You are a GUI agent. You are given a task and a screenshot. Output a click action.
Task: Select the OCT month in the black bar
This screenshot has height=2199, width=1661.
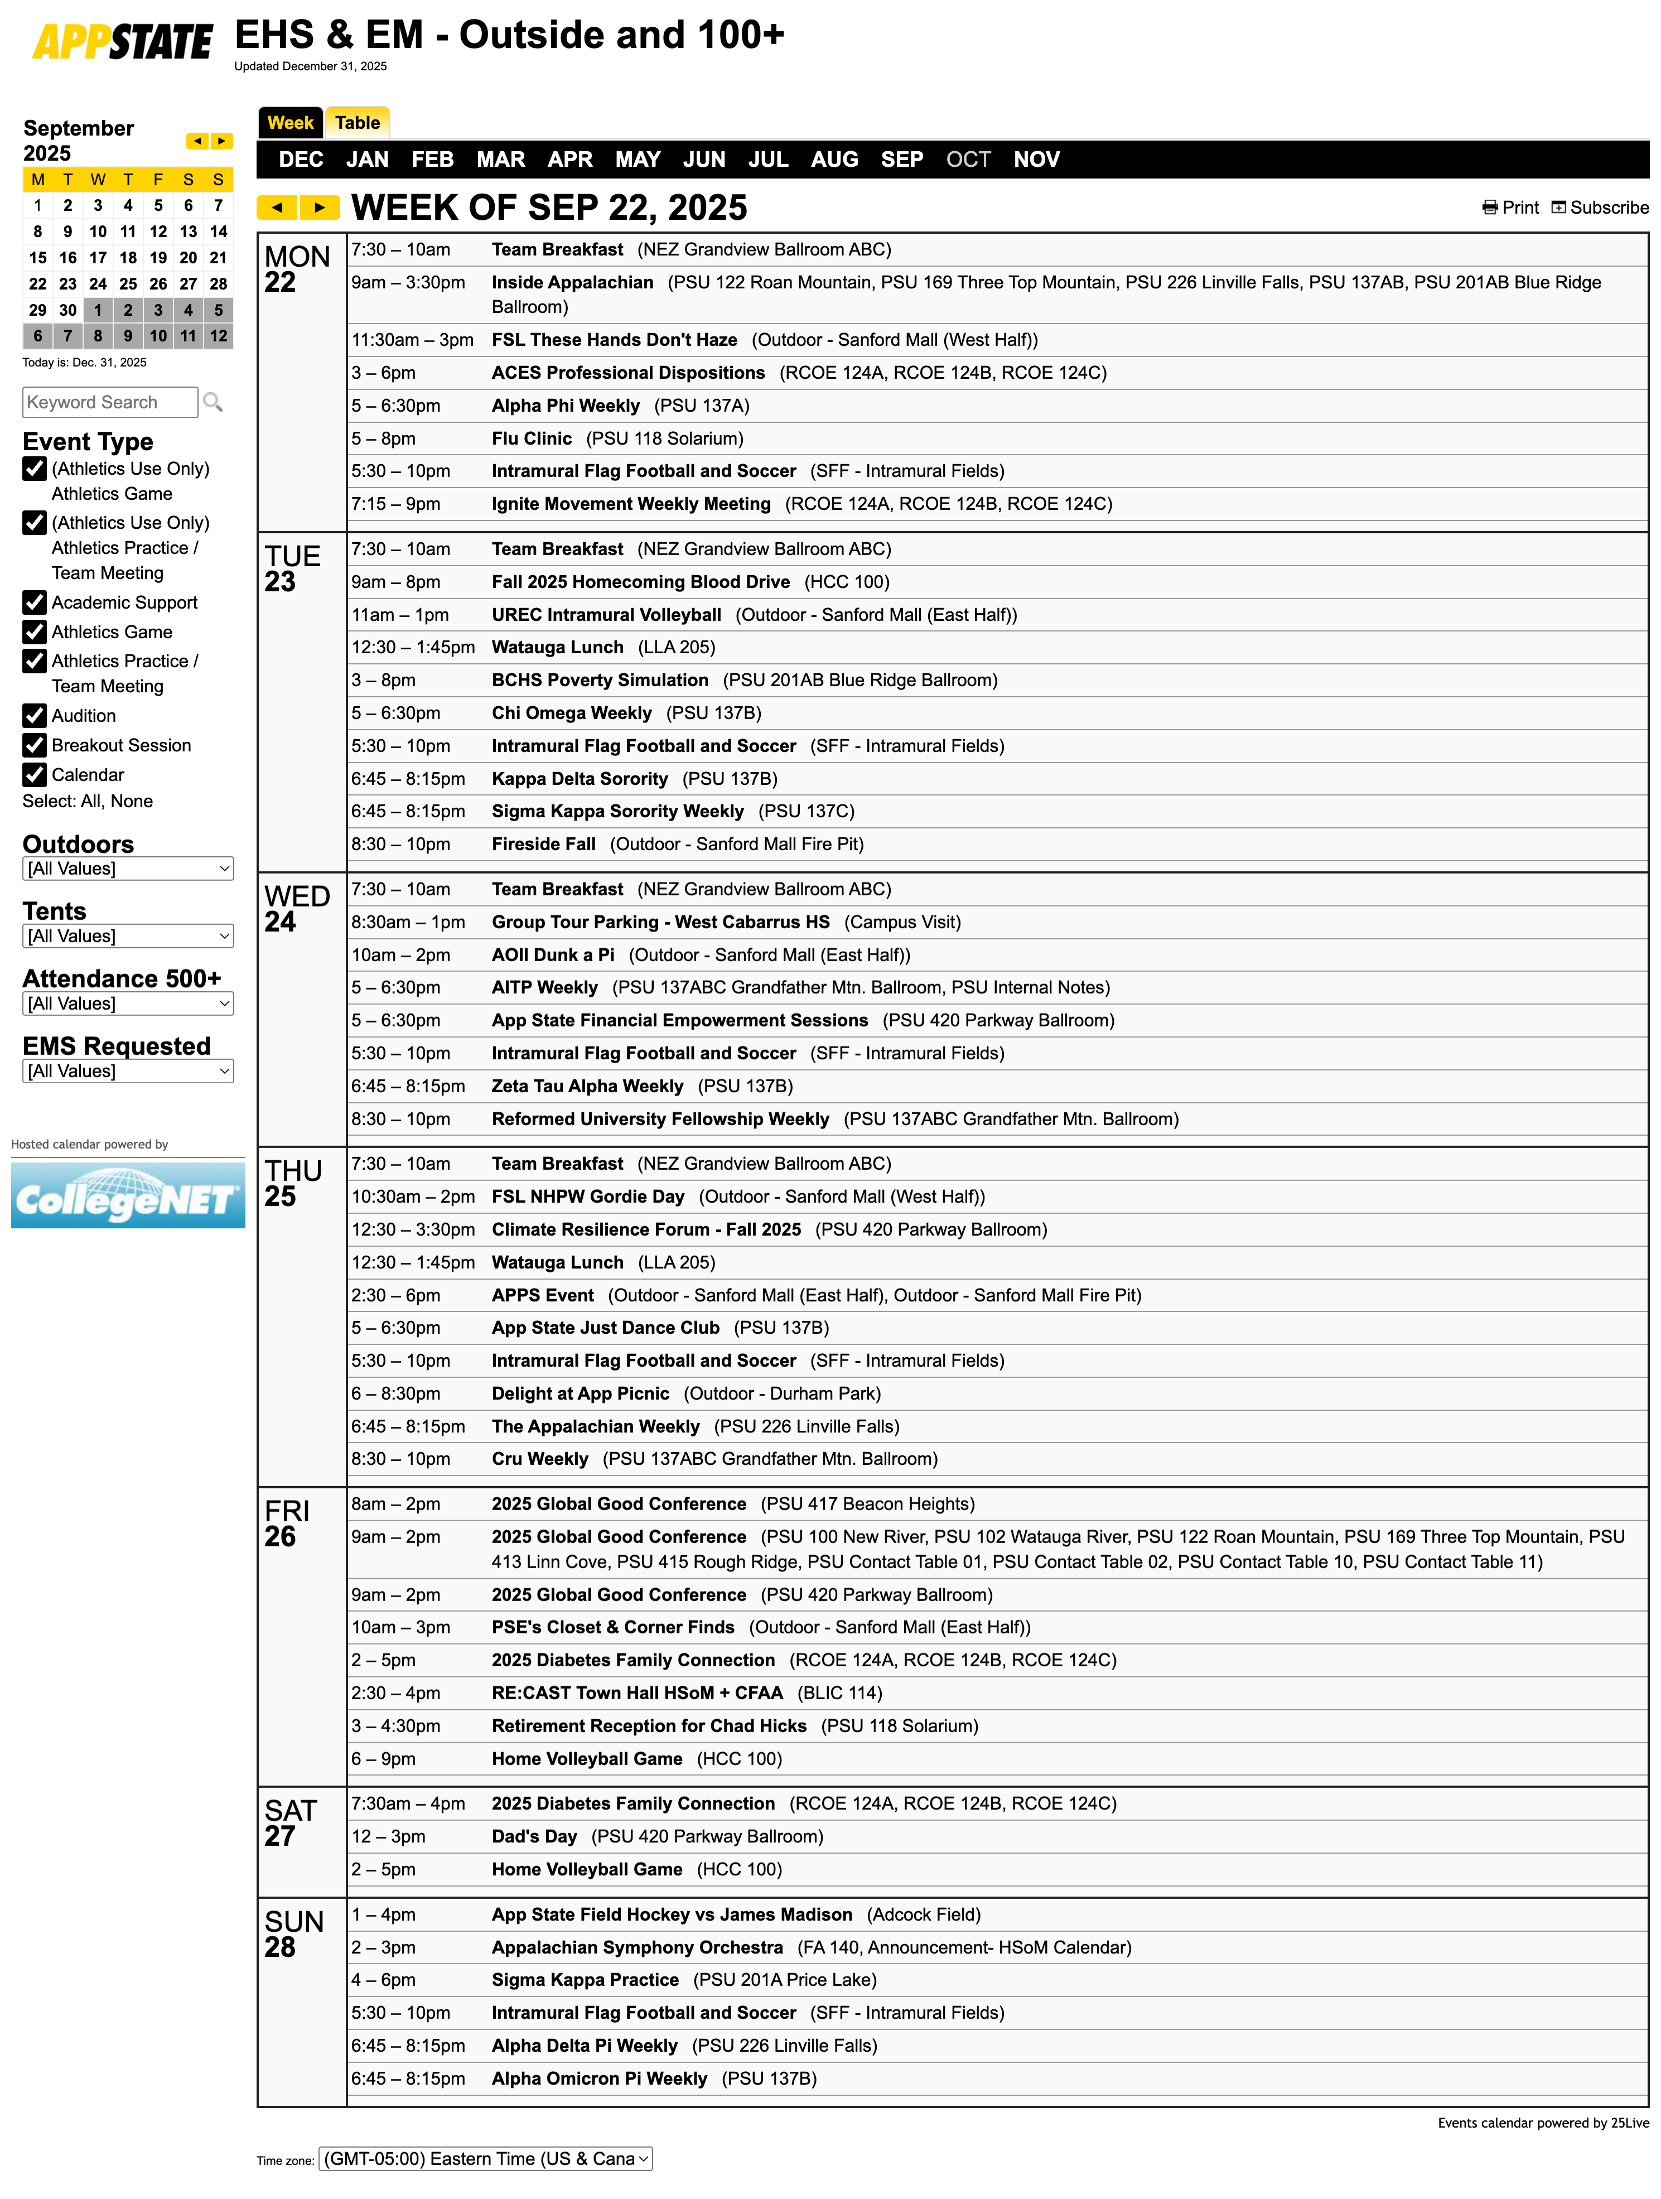click(x=967, y=159)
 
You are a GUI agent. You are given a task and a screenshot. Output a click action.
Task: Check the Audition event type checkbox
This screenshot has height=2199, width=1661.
click(x=35, y=716)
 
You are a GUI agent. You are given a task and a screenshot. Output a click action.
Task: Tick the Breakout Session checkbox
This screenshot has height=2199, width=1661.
click(x=35, y=746)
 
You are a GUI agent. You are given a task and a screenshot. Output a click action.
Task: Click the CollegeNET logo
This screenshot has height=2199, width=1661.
click(x=127, y=1196)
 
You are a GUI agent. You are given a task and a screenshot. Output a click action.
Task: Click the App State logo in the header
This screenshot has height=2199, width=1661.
click(x=122, y=42)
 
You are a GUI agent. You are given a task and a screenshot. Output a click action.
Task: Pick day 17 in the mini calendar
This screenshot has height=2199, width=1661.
click(x=98, y=258)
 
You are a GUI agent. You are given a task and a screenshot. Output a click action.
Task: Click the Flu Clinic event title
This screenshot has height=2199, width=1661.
click(x=531, y=438)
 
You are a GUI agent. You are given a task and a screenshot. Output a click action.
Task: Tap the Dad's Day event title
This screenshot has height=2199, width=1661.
click(x=534, y=1836)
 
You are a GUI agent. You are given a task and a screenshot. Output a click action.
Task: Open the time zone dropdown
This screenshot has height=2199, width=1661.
click(x=485, y=2158)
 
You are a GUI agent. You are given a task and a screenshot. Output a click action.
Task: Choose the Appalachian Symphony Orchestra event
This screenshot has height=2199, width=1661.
click(x=636, y=1947)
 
